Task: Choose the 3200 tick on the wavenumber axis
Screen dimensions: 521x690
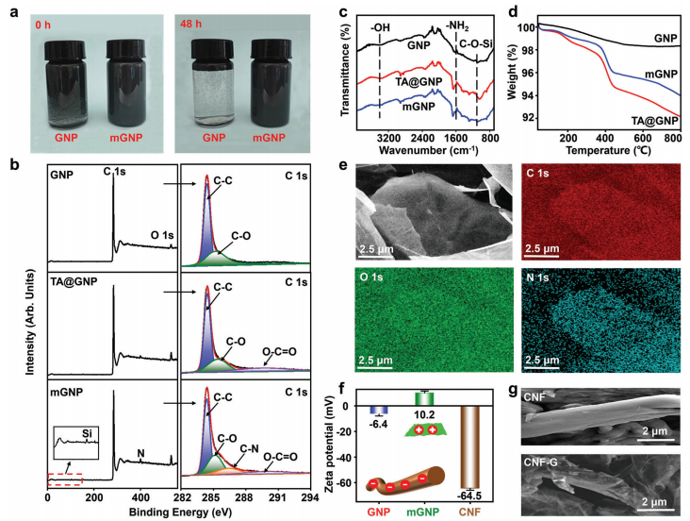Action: (378, 139)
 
